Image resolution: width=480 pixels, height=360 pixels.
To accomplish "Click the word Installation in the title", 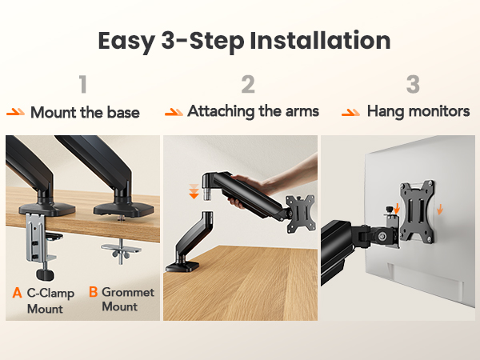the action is (x=320, y=41).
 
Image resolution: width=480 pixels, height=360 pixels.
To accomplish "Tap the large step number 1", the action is (x=83, y=84).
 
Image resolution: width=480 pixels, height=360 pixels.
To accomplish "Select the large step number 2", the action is (x=248, y=84).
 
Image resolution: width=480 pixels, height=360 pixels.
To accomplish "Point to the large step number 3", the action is (x=413, y=84).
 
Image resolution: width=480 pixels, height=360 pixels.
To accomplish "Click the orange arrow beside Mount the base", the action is (x=16, y=112).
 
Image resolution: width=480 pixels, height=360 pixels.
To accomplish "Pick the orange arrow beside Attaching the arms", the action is (x=174, y=112).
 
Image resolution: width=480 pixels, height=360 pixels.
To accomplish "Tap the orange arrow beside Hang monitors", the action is (x=351, y=112).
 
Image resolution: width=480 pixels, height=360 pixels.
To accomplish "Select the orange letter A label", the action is (x=17, y=293).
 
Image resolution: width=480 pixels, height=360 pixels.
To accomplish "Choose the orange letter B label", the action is (x=93, y=292).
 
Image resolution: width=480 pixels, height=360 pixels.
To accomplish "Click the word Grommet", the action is (x=128, y=292).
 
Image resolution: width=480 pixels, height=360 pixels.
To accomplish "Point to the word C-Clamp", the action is (x=50, y=293).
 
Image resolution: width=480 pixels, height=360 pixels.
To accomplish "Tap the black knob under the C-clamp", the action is (x=46, y=274).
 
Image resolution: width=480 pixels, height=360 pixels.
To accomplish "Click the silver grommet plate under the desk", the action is (x=122, y=250).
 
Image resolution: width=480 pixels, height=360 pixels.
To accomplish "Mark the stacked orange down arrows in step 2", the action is (x=194, y=191).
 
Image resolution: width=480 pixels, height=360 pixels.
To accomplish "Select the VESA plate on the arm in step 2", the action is (x=301, y=214).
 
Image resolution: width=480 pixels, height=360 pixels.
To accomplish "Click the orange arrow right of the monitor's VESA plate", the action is (x=440, y=210).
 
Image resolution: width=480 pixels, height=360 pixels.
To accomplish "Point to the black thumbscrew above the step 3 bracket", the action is (x=390, y=210).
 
